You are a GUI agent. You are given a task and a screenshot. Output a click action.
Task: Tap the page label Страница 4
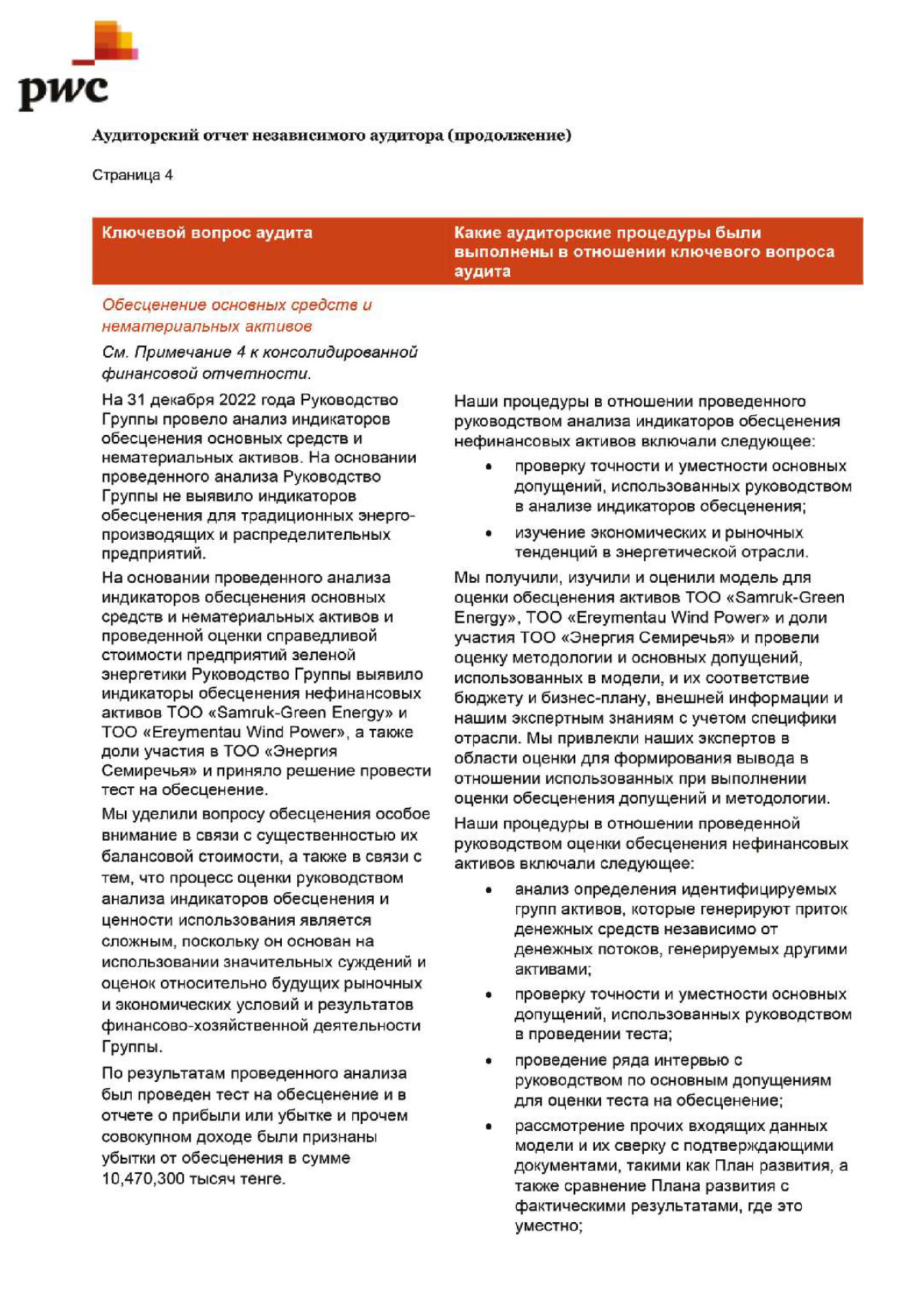(132, 175)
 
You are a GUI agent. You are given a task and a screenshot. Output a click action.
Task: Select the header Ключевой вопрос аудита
(207, 233)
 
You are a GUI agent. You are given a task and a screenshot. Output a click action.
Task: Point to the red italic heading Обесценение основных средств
(237, 305)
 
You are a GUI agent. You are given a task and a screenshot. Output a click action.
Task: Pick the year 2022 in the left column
(237, 400)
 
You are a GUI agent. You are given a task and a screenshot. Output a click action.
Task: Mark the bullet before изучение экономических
(489, 533)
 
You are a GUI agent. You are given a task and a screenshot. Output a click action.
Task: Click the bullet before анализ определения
(489, 890)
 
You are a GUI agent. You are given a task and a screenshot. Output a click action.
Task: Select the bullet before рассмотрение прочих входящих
(489, 1126)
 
